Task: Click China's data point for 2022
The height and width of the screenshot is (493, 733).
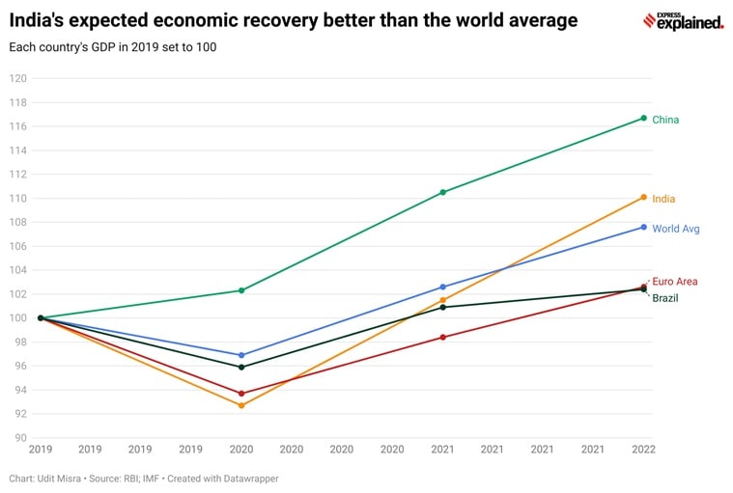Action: [x=643, y=118]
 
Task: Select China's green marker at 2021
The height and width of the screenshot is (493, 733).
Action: [x=442, y=192]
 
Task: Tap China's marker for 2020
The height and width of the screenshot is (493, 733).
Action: [x=241, y=290]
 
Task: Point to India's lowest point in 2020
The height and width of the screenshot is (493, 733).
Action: [x=241, y=405]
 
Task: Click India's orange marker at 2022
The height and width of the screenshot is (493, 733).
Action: [x=643, y=198]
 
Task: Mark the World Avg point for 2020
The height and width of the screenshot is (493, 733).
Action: [x=241, y=355]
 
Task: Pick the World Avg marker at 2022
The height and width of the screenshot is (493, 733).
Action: [x=643, y=227]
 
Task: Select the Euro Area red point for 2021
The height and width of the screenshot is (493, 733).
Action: [x=442, y=337]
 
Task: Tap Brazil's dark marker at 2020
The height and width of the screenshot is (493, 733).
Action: [x=241, y=367]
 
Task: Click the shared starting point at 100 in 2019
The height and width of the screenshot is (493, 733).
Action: [x=41, y=317]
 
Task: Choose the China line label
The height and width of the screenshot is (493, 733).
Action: [x=665, y=120]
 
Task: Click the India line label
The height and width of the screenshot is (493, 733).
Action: [x=663, y=199]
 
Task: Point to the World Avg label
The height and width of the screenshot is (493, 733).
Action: [x=676, y=229]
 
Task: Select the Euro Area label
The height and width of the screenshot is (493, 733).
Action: [x=675, y=282]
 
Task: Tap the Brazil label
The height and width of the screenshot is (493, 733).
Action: [x=664, y=298]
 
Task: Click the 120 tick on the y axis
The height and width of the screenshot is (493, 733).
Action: [x=17, y=78]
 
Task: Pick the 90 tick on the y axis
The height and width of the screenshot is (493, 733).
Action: [x=20, y=438]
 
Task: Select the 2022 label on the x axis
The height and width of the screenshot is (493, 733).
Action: [x=643, y=449]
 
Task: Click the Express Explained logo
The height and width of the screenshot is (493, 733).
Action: [x=683, y=21]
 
